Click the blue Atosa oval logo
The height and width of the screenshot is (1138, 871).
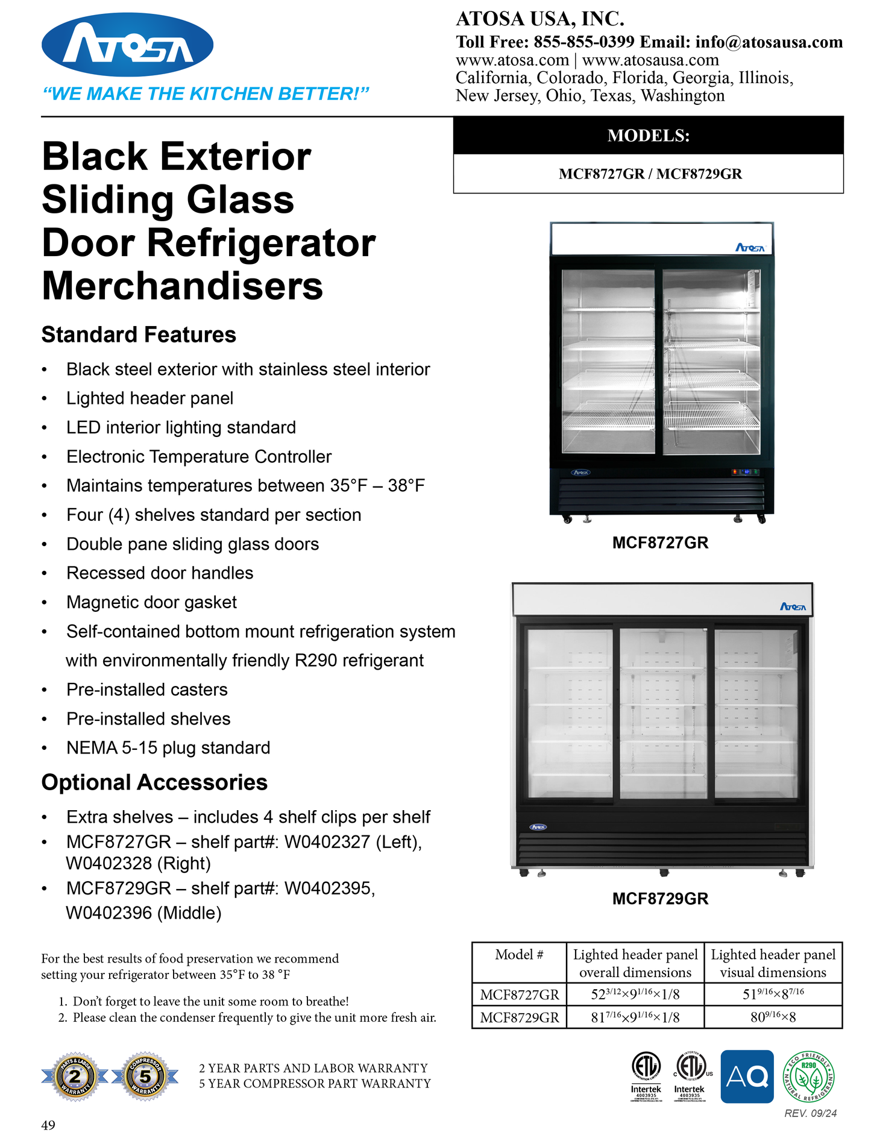coord(127,45)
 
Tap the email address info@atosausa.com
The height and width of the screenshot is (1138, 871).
coord(769,42)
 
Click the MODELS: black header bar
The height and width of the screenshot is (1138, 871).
coord(648,136)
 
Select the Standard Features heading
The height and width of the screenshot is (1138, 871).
coord(139,335)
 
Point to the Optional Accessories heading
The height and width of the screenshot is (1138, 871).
coord(154,782)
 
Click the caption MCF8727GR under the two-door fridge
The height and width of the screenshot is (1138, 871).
coord(660,542)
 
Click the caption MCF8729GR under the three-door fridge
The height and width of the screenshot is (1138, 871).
coord(660,899)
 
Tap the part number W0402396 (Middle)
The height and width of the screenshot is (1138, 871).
coord(143,913)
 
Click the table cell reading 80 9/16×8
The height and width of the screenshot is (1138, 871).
coord(773,1017)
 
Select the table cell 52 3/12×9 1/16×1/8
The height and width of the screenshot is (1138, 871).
coord(635,995)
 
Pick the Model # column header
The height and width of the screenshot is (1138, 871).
coord(519,955)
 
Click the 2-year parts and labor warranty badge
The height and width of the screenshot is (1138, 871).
coord(75,1077)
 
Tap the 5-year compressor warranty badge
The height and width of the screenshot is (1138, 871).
coord(145,1077)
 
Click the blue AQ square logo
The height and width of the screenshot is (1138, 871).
coord(747,1077)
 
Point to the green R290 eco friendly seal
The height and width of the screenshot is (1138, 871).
coord(808,1077)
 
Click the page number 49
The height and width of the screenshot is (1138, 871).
coord(48,1125)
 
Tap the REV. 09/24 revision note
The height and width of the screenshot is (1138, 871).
coord(810,1113)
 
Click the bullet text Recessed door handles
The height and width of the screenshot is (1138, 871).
coord(160,573)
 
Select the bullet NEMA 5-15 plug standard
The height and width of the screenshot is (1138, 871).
coord(168,747)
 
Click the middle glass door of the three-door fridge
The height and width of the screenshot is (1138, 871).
coord(662,714)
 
